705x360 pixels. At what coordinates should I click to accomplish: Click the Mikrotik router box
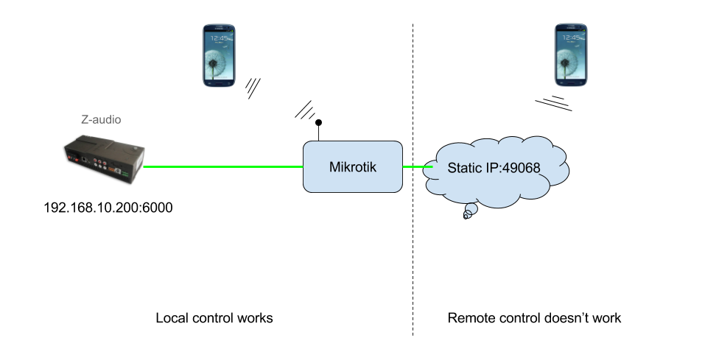pyautogui.click(x=353, y=167)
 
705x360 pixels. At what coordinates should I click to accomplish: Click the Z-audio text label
pyautogui.click(x=100, y=119)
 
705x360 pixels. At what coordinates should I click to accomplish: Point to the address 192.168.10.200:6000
pyautogui.click(x=108, y=208)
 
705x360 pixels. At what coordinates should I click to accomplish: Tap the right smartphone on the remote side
pyautogui.click(x=572, y=54)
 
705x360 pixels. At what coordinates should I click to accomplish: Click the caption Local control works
pyautogui.click(x=214, y=318)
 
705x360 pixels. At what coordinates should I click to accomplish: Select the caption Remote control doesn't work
pyautogui.click(x=534, y=318)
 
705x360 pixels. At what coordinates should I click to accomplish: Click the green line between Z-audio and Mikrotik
pyautogui.click(x=221, y=167)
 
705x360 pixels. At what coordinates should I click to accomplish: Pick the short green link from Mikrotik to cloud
pyautogui.click(x=417, y=167)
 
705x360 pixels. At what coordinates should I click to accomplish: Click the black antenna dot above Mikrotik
pyautogui.click(x=319, y=123)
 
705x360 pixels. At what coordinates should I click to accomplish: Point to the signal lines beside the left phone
pyautogui.click(x=253, y=88)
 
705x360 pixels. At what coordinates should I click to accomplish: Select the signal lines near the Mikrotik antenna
pyautogui.click(x=305, y=109)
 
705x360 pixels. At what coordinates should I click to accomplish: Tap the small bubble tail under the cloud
pyautogui.click(x=467, y=214)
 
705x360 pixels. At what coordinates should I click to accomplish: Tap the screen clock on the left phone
pyautogui.click(x=219, y=38)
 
